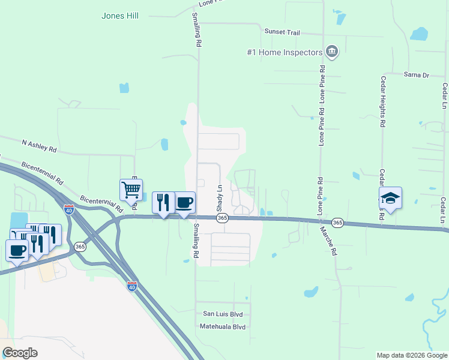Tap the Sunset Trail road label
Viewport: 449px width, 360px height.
(x=282, y=32)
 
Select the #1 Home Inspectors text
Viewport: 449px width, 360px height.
(x=285, y=52)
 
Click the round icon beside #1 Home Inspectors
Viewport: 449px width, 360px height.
(x=331, y=52)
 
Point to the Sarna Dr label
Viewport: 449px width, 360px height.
(x=416, y=75)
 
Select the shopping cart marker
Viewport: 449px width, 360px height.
(x=131, y=190)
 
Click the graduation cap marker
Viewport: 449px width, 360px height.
(x=390, y=199)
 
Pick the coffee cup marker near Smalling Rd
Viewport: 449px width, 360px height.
(x=184, y=203)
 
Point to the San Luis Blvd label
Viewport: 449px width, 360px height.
(x=223, y=314)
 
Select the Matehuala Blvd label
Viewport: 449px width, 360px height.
(x=223, y=327)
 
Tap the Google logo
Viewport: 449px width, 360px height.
(x=20, y=353)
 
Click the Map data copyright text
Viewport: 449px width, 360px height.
(x=411, y=355)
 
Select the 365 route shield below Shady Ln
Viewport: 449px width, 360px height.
(x=222, y=218)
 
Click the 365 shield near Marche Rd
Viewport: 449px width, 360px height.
(x=337, y=223)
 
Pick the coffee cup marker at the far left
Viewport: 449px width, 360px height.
(x=16, y=250)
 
